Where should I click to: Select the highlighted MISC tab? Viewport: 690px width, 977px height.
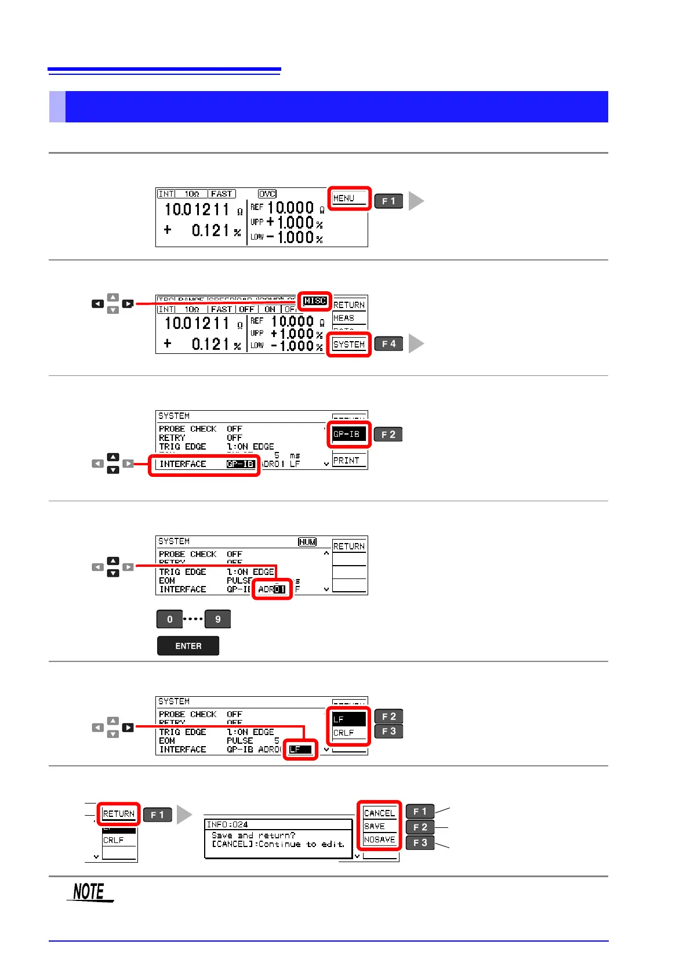pyautogui.click(x=315, y=301)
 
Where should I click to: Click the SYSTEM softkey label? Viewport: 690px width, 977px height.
pyautogui.click(x=348, y=345)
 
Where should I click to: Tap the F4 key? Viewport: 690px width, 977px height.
pyautogui.click(x=388, y=344)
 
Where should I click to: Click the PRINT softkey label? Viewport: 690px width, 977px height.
pyautogui.click(x=347, y=461)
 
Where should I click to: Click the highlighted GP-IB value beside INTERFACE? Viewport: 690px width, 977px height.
pyautogui.click(x=241, y=464)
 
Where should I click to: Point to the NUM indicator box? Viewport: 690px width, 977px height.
pyautogui.click(x=307, y=542)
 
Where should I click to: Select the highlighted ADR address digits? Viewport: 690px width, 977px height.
pyautogui.click(x=279, y=589)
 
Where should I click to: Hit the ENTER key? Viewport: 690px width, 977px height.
pyautogui.click(x=188, y=646)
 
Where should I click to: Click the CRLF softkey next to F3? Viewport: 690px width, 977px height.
pyautogui.click(x=344, y=733)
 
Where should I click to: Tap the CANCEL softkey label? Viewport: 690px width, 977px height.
pyautogui.click(x=379, y=813)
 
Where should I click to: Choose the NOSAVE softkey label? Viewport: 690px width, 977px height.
pyautogui.click(x=379, y=840)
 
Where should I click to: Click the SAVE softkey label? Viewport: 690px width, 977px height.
pyautogui.click(x=375, y=826)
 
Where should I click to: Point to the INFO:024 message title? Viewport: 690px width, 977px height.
pyautogui.click(x=227, y=824)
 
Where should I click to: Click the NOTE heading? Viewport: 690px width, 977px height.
pyautogui.click(x=89, y=892)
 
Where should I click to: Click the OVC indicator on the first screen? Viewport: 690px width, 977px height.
pyautogui.click(x=267, y=194)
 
